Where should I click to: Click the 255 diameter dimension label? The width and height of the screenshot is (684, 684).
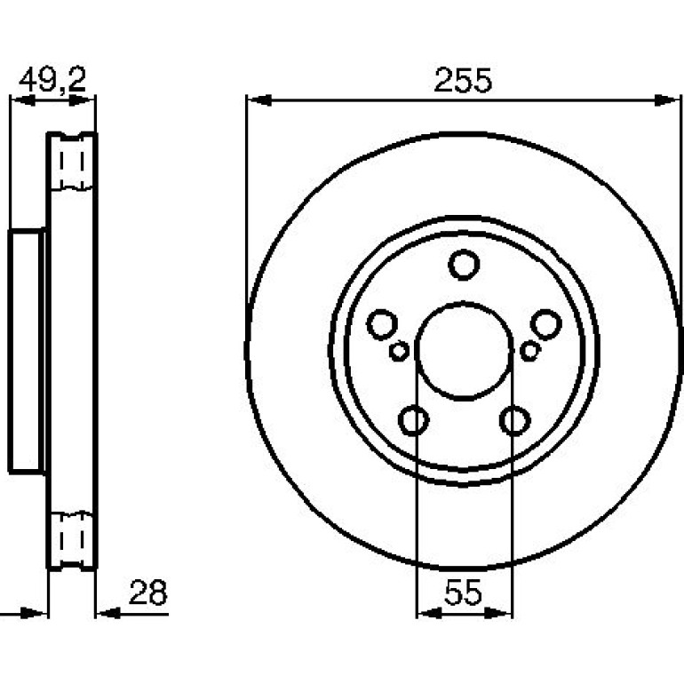click(x=463, y=80)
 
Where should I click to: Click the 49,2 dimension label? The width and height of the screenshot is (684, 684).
click(x=52, y=80)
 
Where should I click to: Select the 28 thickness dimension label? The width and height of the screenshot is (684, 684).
click(x=148, y=592)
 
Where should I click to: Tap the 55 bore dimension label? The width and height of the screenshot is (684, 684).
click(x=464, y=593)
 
